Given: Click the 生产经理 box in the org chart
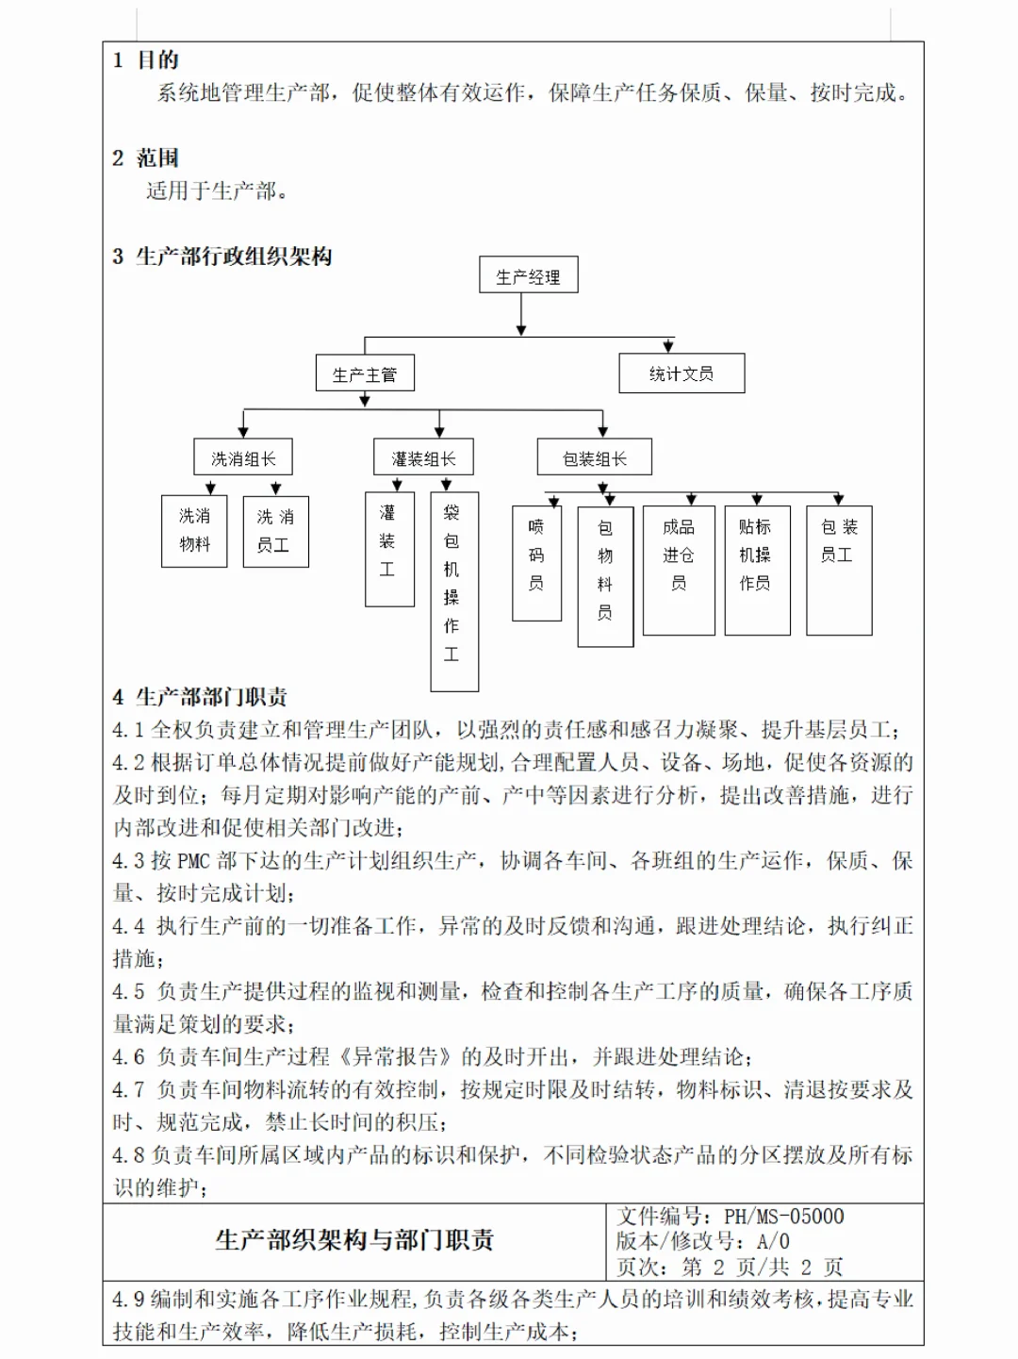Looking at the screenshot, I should (528, 276).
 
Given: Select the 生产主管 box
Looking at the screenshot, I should (365, 374).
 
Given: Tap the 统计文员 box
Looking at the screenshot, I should (681, 373).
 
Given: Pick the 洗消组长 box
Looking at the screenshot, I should (243, 458).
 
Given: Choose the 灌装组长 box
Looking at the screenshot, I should (423, 458).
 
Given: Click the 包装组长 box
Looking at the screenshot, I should (594, 458).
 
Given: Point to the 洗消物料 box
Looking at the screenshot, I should (194, 531).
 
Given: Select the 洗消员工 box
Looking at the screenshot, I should (275, 531).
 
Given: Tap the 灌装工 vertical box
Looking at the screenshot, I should (389, 549).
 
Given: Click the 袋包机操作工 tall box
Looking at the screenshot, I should (454, 591).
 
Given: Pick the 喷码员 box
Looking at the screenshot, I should (536, 563).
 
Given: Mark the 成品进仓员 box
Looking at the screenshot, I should (679, 570).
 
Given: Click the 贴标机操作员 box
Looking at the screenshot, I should (757, 570).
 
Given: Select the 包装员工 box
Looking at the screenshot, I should (839, 570).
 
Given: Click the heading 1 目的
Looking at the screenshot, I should (146, 60).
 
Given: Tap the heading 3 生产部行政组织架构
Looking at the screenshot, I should (222, 257).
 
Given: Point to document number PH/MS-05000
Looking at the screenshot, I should (784, 1217).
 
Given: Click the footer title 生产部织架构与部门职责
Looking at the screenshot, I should (354, 1240).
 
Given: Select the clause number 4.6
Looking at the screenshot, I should (128, 1057).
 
